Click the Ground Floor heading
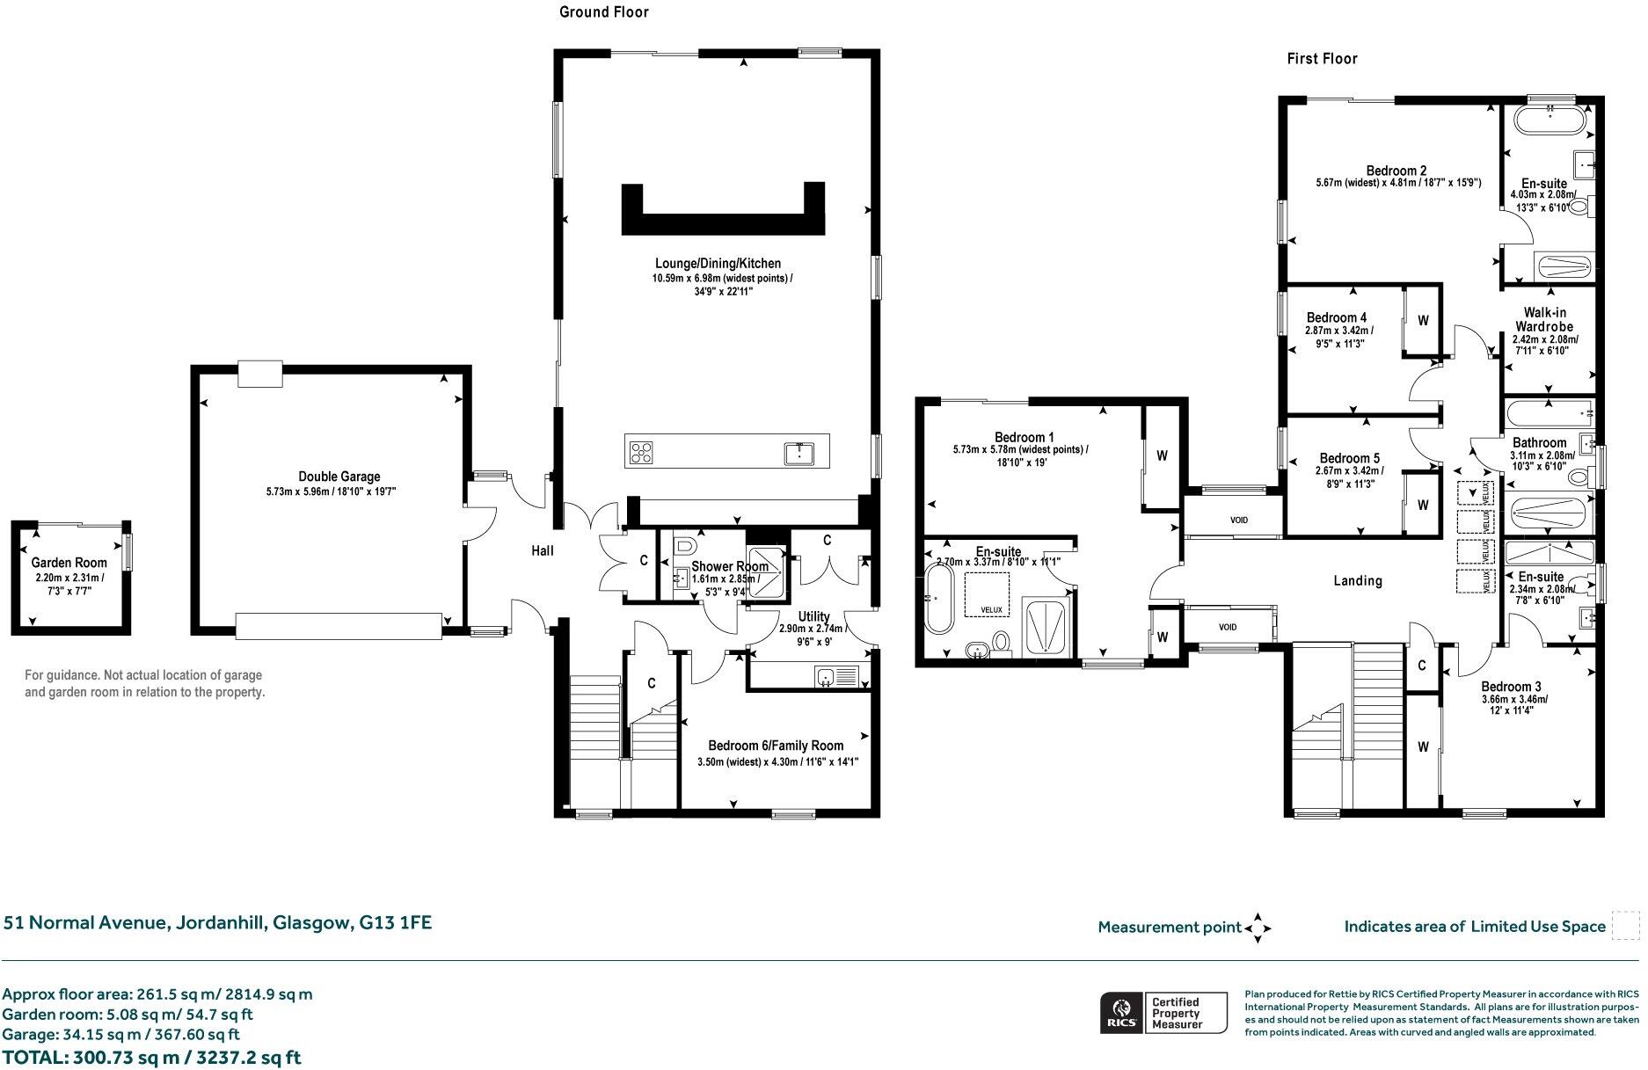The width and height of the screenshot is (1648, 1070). (604, 12)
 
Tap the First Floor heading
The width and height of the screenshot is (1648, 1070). (1322, 59)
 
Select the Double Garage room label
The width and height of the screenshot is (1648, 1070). (339, 477)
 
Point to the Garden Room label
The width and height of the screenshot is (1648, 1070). (69, 563)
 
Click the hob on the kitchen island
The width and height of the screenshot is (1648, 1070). (641, 452)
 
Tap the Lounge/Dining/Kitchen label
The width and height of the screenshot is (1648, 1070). (718, 263)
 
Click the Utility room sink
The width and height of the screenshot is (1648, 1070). (826, 676)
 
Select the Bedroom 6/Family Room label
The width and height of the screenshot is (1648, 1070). (776, 746)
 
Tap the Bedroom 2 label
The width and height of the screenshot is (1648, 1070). (1396, 171)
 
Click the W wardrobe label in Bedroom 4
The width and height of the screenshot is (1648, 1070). (1423, 321)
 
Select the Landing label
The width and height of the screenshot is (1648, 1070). (1358, 580)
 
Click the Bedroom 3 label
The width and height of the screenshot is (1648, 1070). (1511, 687)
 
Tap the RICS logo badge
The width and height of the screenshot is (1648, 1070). (1121, 1013)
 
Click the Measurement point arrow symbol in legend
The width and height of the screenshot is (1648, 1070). (1258, 927)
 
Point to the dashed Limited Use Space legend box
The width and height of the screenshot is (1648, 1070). (1626, 926)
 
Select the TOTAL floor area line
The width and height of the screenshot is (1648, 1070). (151, 1057)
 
